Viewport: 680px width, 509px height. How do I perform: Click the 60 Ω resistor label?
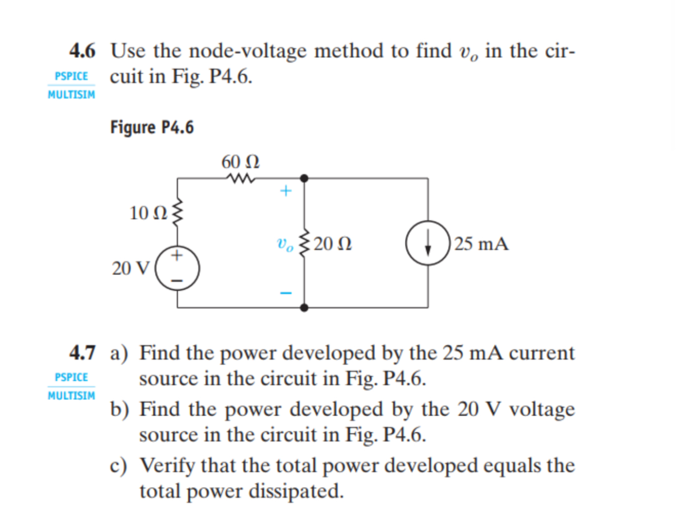(240, 161)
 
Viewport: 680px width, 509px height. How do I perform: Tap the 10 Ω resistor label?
(148, 213)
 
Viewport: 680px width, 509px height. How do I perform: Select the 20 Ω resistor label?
(333, 244)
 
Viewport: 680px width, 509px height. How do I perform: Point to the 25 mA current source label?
(481, 244)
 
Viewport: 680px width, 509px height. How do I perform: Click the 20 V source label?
(131, 268)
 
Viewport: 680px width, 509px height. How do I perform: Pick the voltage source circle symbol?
(178, 268)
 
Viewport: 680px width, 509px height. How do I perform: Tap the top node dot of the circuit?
(304, 179)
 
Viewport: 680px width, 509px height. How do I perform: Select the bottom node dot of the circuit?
(304, 308)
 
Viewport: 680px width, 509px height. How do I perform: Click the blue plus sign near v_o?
(286, 191)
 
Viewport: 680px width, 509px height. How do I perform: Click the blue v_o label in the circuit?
(285, 244)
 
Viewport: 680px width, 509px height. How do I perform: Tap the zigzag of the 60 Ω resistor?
(241, 179)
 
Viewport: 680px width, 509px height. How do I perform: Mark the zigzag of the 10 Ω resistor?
(178, 213)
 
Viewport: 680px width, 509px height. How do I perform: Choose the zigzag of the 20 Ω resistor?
(304, 244)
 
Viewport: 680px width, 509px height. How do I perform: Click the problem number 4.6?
(82, 51)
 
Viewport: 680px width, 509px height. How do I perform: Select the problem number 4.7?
(82, 353)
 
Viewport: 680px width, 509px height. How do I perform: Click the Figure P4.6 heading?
(152, 128)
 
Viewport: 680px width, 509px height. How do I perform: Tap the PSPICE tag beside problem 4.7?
(72, 377)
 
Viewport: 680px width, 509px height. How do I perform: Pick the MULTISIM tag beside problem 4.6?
(72, 95)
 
